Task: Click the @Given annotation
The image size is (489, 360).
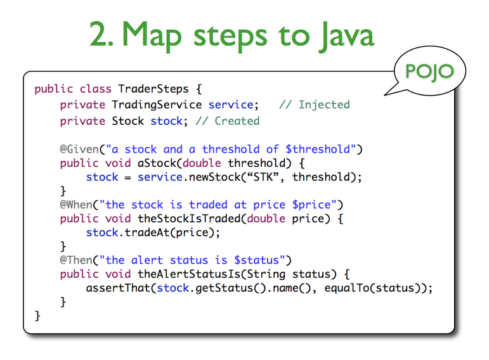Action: point(80,149)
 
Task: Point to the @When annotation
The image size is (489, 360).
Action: point(78,204)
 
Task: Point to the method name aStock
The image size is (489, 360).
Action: point(157,163)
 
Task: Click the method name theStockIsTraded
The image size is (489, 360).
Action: point(189,219)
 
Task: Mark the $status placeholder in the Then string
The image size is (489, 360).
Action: point(262,260)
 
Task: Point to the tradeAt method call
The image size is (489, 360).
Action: point(144,233)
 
